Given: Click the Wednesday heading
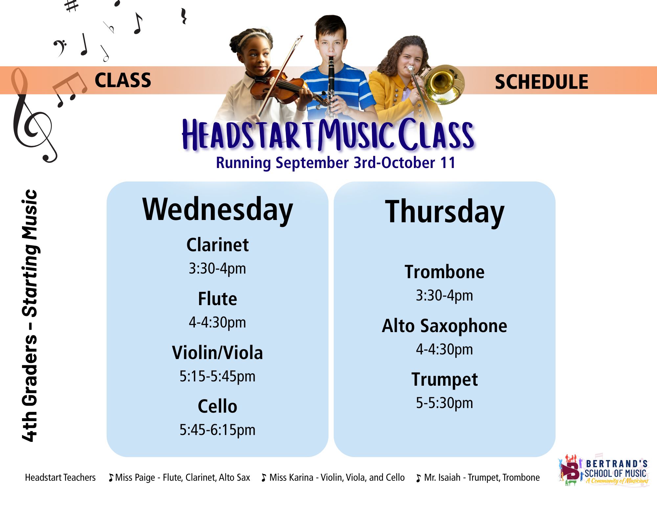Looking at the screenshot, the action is click(x=217, y=211).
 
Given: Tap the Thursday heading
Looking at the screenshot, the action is click(x=444, y=212).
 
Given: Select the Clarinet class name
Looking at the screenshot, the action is click(x=217, y=245).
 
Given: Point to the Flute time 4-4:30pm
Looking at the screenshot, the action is click(x=217, y=322).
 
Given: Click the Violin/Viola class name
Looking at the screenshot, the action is click(x=217, y=352).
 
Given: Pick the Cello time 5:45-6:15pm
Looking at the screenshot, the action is click(x=217, y=430).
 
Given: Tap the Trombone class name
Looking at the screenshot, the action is click(x=444, y=272).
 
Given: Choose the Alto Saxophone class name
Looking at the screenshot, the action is click(x=444, y=326).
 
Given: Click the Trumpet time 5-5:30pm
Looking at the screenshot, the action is click(x=444, y=403).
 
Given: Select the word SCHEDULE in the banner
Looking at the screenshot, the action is click(x=541, y=82).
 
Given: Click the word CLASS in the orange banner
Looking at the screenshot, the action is click(x=123, y=80).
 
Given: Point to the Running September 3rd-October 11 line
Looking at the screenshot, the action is click(x=336, y=163).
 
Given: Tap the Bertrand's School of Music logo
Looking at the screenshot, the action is click(x=603, y=471).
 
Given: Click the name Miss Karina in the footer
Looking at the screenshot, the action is click(x=291, y=477).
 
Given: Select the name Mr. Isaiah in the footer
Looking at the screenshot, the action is click(x=442, y=477).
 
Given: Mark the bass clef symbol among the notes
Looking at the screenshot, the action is click(x=60, y=48).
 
